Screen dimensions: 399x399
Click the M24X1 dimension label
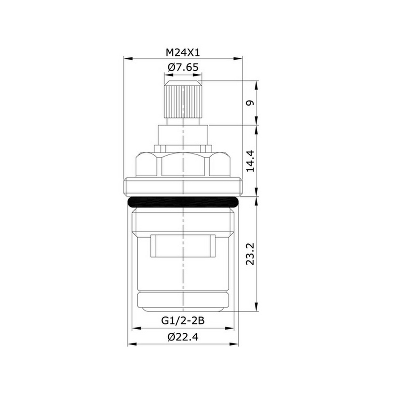pyautogui.click(x=183, y=52)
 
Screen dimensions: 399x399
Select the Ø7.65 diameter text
pyautogui.click(x=183, y=67)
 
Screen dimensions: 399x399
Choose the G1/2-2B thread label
pyautogui.click(x=183, y=320)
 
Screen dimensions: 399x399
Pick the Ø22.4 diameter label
pyautogui.click(x=183, y=337)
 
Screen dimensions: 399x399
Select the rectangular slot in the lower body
pyautogui.click(x=183, y=245)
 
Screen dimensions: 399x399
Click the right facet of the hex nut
pyautogui.click(x=220, y=164)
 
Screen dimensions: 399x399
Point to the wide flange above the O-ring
pyautogui.click(x=183, y=187)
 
